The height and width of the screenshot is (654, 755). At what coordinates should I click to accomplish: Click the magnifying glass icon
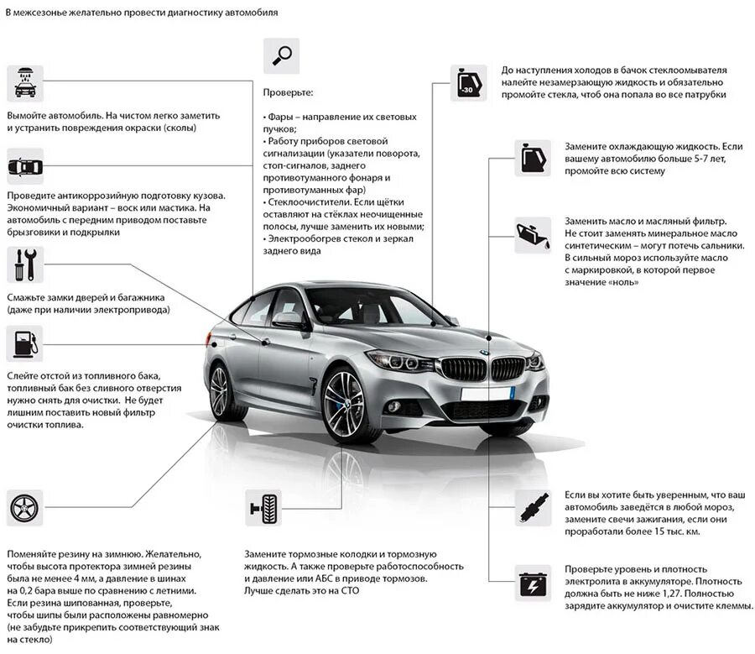click(x=281, y=55)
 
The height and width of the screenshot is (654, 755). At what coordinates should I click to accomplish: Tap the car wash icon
click(x=25, y=83)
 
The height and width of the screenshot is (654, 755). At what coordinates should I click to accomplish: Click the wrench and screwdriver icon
click(x=25, y=264)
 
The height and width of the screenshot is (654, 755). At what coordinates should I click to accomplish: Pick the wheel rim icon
click(x=25, y=508)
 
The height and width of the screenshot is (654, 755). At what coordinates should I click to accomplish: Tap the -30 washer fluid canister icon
click(x=468, y=83)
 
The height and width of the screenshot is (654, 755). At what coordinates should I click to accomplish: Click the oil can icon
click(x=533, y=234)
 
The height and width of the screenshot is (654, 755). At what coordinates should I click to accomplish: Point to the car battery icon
click(x=533, y=583)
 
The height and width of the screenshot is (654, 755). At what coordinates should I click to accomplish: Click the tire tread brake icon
click(x=263, y=508)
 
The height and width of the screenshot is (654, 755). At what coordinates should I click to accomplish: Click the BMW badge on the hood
click(x=484, y=352)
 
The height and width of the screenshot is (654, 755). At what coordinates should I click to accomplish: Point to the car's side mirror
click(x=288, y=319)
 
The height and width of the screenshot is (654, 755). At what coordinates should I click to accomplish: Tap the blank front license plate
click(x=487, y=393)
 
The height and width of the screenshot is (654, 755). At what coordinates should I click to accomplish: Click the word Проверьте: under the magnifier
click(x=288, y=92)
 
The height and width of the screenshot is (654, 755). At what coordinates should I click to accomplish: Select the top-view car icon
click(x=25, y=166)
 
